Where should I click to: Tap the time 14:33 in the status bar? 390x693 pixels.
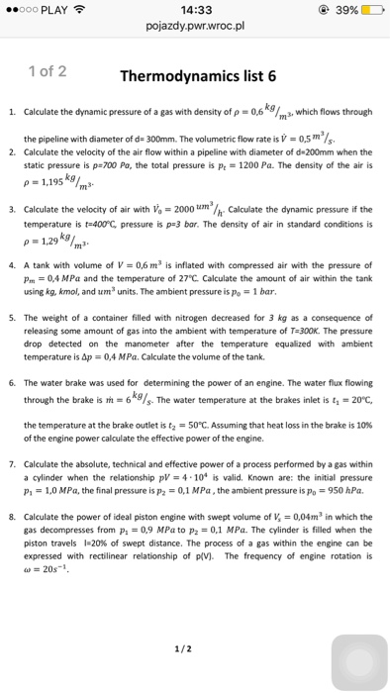pos(195,7)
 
